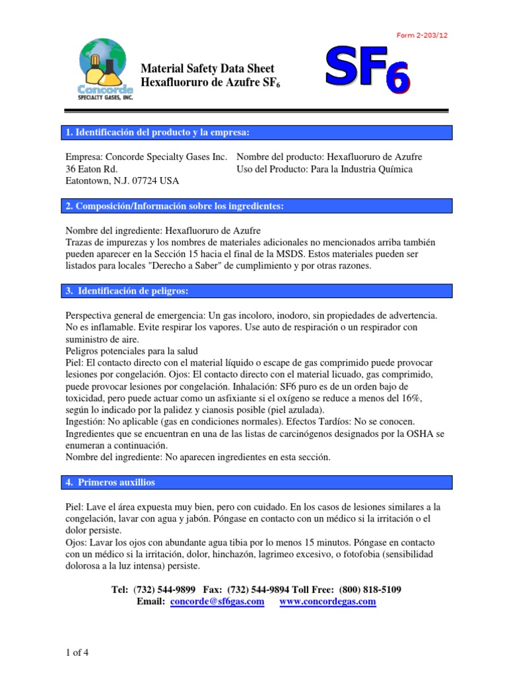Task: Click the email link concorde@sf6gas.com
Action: pyautogui.click(x=217, y=602)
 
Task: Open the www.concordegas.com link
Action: pyautogui.click(x=327, y=602)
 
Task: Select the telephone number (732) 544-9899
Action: pyautogui.click(x=164, y=589)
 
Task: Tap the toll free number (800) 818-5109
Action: pyautogui.click(x=370, y=589)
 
